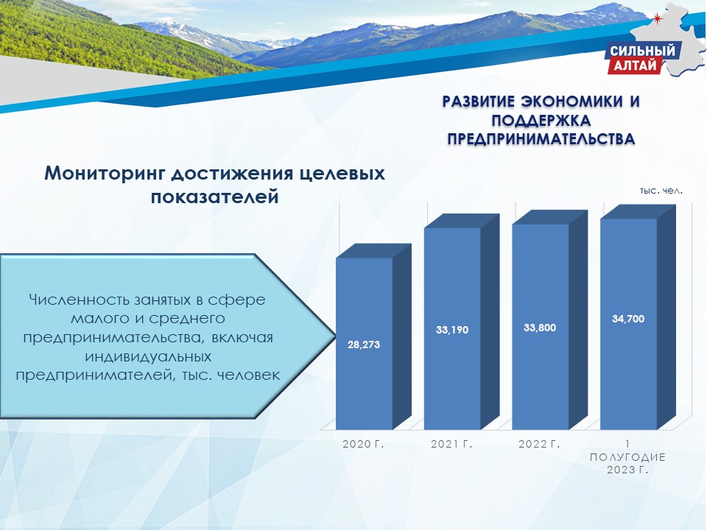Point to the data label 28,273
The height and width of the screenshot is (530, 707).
pyautogui.click(x=364, y=344)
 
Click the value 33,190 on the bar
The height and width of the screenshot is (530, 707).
pyautogui.click(x=452, y=330)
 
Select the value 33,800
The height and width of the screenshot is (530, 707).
pyautogui.click(x=540, y=328)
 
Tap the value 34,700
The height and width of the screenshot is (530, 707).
pyautogui.click(x=628, y=319)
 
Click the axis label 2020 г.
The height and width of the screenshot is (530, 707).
pyautogui.click(x=363, y=444)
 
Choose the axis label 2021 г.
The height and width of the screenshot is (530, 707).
pyautogui.click(x=451, y=444)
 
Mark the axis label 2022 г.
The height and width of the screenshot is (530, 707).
pyautogui.click(x=539, y=444)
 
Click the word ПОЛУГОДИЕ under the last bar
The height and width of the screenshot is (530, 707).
pyautogui.click(x=627, y=457)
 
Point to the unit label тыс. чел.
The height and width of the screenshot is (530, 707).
pyautogui.click(x=661, y=191)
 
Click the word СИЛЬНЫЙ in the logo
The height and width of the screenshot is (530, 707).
pyautogui.click(x=643, y=51)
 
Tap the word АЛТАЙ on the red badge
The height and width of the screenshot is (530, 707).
pyautogui.click(x=635, y=66)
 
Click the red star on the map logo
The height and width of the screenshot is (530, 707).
pyautogui.click(x=657, y=18)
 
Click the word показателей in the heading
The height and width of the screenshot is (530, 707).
pyautogui.click(x=214, y=197)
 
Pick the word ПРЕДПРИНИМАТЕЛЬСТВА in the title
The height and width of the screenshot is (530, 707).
pyautogui.click(x=541, y=139)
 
